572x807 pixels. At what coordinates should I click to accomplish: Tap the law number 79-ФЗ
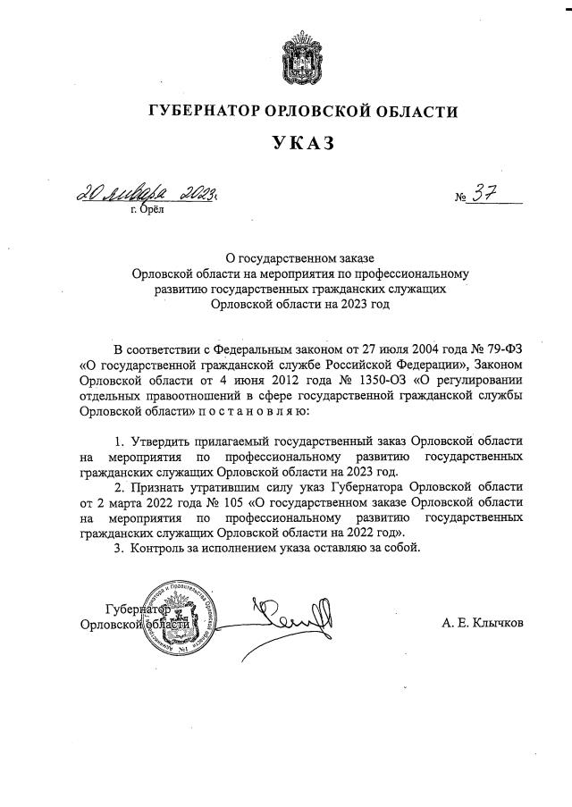pyautogui.click(x=502, y=349)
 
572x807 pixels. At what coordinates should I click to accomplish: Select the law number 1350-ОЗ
pyautogui.click(x=330, y=380)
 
